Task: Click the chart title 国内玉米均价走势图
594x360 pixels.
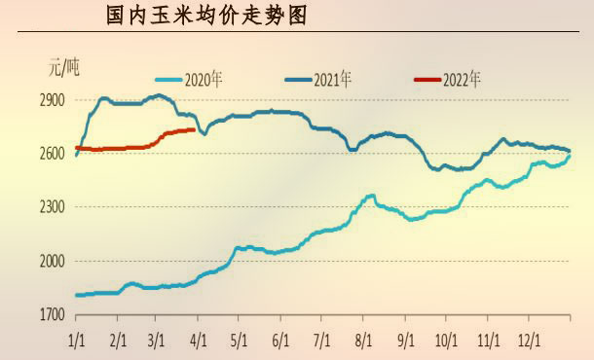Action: click(209, 17)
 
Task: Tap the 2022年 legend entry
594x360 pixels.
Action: click(462, 79)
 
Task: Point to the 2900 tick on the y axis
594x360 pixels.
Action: click(53, 100)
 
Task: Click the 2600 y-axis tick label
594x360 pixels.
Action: click(53, 154)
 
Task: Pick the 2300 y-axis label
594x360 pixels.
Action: click(53, 207)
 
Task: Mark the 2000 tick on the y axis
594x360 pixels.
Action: click(53, 261)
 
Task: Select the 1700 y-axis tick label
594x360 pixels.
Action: click(53, 314)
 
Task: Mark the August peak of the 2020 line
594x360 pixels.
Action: click(371, 196)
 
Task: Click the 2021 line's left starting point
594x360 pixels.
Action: click(76, 155)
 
